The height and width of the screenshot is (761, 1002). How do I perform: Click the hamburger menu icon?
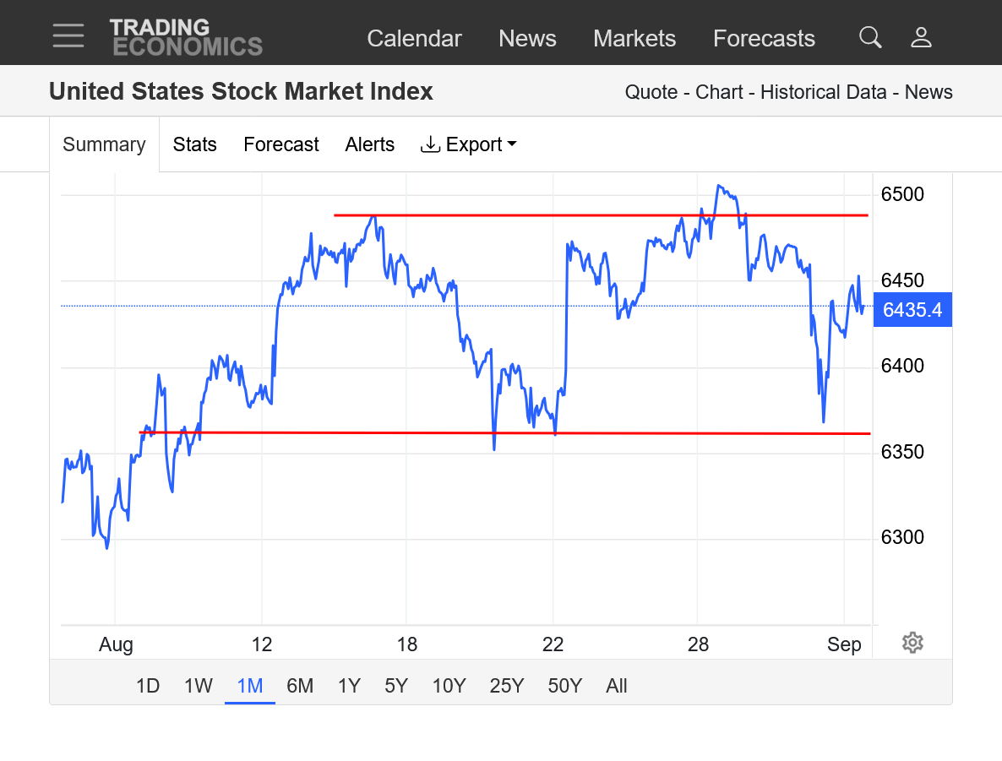[68, 35]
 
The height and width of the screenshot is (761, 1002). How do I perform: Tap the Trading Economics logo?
[186, 37]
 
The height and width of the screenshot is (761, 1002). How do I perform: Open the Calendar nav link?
[414, 39]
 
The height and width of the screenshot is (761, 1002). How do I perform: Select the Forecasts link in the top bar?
[764, 39]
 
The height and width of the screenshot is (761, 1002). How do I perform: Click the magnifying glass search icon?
[870, 37]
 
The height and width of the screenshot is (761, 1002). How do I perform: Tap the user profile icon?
[921, 37]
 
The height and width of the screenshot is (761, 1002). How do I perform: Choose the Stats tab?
[194, 144]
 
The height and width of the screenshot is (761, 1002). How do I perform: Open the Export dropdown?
[468, 144]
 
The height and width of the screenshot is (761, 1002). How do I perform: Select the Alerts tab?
[369, 144]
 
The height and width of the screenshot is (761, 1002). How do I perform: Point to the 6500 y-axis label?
[902, 195]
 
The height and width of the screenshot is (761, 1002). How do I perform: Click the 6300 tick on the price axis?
[902, 538]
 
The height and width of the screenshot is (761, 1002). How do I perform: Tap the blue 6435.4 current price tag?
[912, 310]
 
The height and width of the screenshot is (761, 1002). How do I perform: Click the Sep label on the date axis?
[844, 645]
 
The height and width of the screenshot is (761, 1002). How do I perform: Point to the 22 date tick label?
[553, 645]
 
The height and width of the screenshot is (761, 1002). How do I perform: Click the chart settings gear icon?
[912, 643]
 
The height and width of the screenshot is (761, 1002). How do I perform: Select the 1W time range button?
[198, 686]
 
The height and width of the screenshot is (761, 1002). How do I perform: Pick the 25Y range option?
[507, 686]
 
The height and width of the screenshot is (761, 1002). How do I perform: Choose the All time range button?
[617, 686]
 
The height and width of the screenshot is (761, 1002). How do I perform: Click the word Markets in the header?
[634, 39]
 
